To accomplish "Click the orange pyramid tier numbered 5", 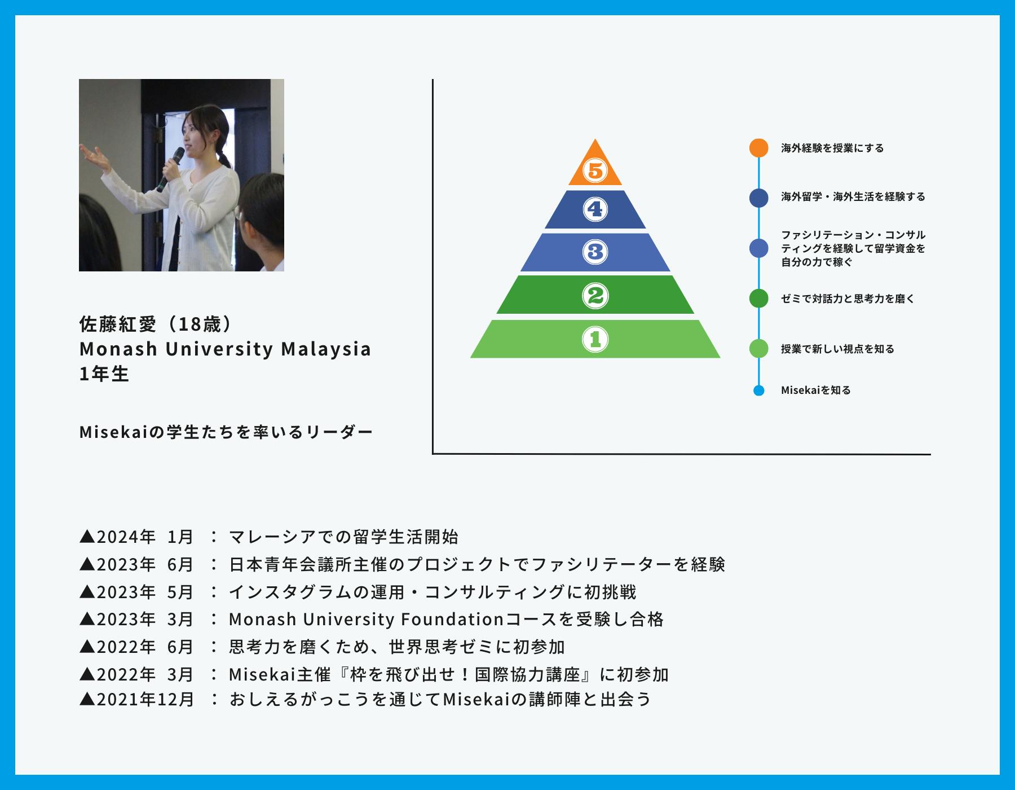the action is (x=595, y=169).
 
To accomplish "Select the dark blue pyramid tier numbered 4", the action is (x=595, y=210).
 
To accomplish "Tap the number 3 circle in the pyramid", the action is (x=595, y=252).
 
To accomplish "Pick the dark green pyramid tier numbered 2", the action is (x=595, y=295).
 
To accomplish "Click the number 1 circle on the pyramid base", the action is (x=595, y=339).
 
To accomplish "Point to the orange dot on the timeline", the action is (x=759, y=148).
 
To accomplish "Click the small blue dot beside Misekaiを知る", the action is (x=759, y=390).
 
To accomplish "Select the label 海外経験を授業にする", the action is (x=832, y=148).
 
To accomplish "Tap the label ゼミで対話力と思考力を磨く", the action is (x=848, y=299).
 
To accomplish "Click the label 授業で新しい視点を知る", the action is (x=837, y=349).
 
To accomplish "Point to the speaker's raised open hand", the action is (x=93, y=155).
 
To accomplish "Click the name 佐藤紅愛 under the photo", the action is (x=118, y=324).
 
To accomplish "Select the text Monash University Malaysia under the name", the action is (x=225, y=349).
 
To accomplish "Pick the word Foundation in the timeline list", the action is (x=452, y=620).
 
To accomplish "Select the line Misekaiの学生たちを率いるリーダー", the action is (x=226, y=433).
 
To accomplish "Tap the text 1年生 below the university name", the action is (x=104, y=374).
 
